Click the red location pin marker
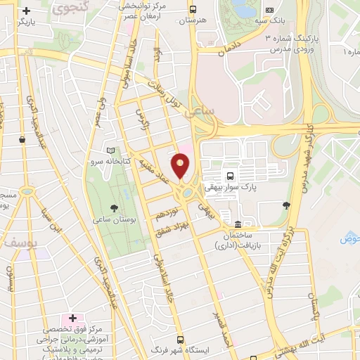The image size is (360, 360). (x=181, y=167)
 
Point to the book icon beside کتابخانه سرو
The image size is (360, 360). (x=109, y=150)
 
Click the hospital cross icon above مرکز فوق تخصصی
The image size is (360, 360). (x=72, y=319)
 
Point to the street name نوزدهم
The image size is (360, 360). (x=168, y=215)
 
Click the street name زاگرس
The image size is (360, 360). (x=145, y=120)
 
